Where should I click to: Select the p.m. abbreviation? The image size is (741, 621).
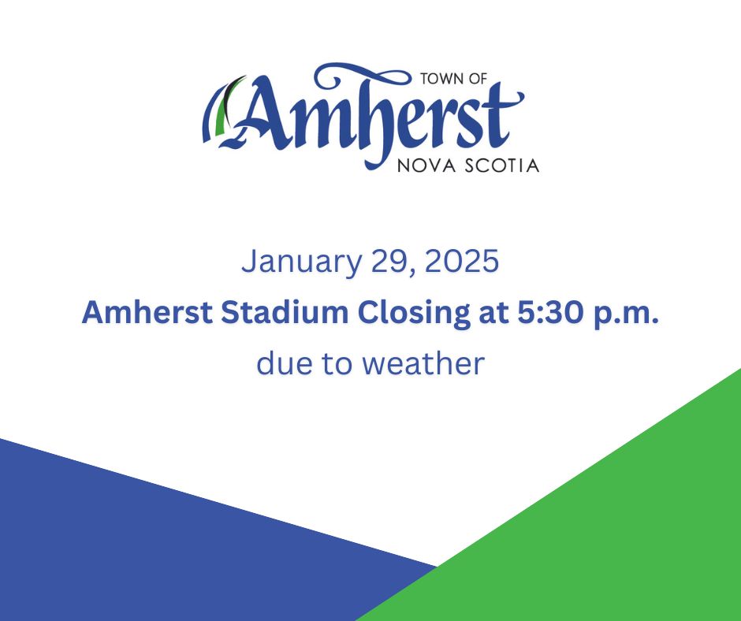point(627,314)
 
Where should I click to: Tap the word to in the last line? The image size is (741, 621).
point(338,364)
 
